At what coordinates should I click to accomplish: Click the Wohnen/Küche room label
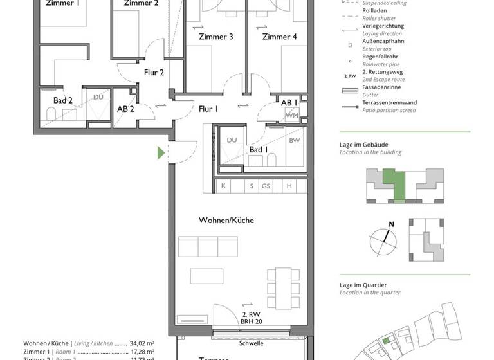(226, 220)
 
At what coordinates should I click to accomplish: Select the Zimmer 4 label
(279, 37)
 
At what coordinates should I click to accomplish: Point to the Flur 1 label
(208, 109)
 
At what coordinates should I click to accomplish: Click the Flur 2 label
(154, 73)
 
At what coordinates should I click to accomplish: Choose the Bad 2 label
(62, 100)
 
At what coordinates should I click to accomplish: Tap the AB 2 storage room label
(125, 109)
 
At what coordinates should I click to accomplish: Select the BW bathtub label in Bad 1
(294, 139)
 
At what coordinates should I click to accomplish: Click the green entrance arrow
(161, 152)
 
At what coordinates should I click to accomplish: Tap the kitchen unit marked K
(223, 186)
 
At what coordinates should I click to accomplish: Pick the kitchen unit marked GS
(266, 186)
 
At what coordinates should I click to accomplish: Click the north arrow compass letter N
(390, 224)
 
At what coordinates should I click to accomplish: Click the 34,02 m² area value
(142, 343)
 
